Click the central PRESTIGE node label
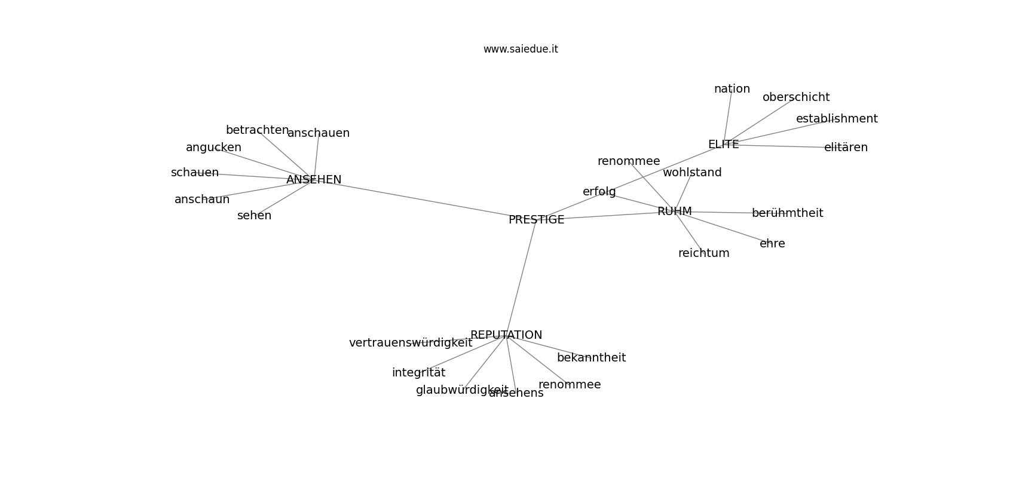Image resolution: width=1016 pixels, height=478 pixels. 536,220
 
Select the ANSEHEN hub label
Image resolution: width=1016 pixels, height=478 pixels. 314,180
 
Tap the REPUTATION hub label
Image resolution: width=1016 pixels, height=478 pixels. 506,335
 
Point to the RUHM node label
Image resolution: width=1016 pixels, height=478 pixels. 674,212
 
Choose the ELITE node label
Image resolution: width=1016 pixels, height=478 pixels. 723,145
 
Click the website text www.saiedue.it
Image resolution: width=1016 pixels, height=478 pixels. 521,50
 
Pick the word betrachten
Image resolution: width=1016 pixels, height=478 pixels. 257,130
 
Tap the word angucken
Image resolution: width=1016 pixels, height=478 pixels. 213,148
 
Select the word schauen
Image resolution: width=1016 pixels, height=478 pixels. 195,173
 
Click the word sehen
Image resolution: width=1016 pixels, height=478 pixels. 254,216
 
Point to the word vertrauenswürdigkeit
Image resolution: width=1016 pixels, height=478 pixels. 411,343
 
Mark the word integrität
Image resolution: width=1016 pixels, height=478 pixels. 418,373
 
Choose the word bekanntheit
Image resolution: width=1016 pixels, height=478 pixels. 591,358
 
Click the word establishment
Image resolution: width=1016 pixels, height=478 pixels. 837,119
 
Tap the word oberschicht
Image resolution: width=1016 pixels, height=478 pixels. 796,97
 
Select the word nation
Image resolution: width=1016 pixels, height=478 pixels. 732,89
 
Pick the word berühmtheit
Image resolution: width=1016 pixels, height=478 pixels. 787,213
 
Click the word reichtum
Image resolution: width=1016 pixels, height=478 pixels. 703,253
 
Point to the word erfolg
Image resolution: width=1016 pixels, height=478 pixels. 599,192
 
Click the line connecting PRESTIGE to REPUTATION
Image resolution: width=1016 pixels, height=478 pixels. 521,278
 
